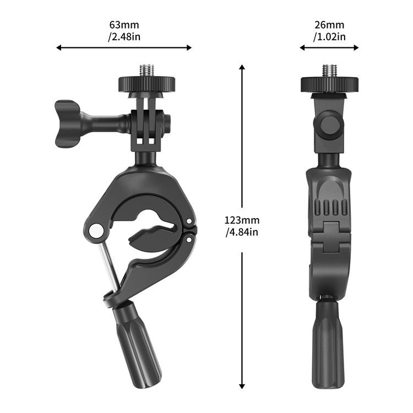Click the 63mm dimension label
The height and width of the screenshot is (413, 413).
coord(124,25)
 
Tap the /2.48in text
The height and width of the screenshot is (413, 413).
coord(124,37)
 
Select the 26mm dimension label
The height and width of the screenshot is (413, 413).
coord(329,25)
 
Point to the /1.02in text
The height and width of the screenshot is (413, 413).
coord(329,37)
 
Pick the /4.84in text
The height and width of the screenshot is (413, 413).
coord(242,232)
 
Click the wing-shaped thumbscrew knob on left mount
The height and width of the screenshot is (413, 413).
coord(68,123)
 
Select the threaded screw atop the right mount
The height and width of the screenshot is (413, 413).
coord(329,70)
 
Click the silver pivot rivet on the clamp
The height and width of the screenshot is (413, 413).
coord(96,230)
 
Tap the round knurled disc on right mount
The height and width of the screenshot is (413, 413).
coord(329,84)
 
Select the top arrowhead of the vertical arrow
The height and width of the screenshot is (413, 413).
coord(242,67)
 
